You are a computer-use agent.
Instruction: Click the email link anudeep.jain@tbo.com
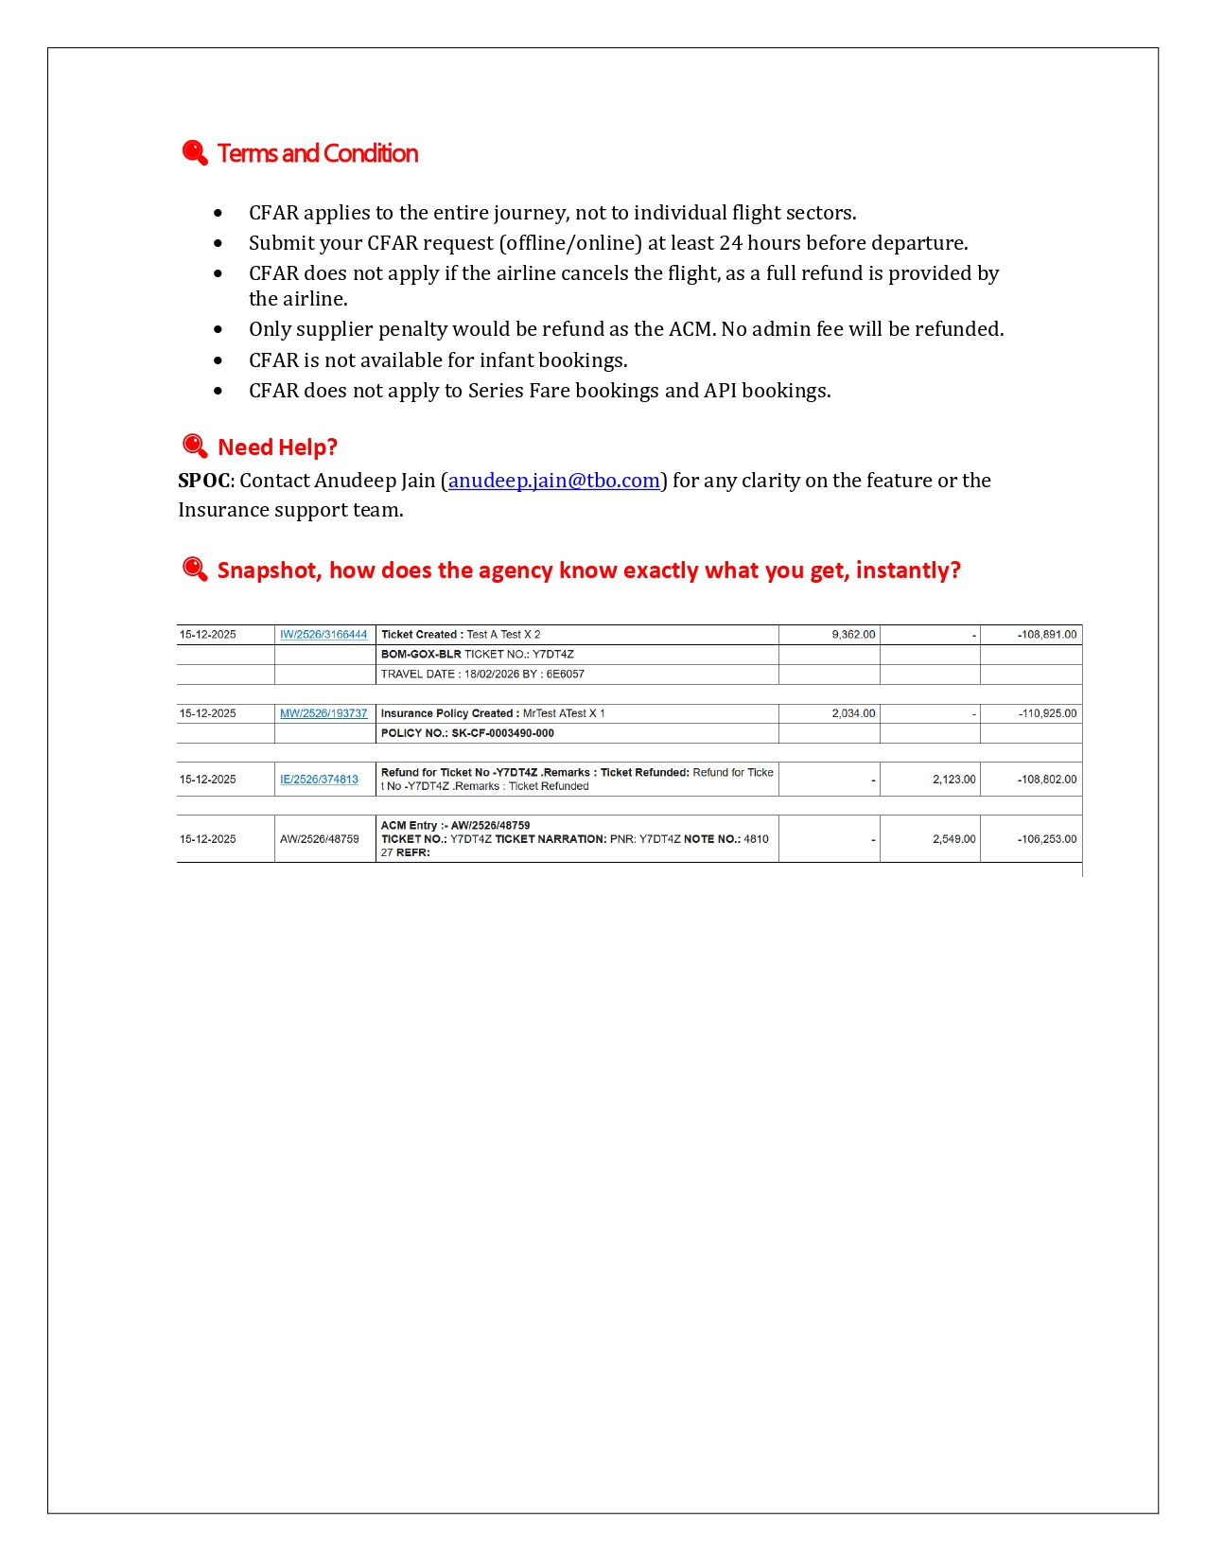click(x=553, y=481)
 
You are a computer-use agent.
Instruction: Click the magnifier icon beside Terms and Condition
click(x=195, y=152)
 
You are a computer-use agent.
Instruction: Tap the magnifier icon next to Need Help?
click(x=195, y=446)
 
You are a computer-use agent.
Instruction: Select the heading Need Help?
click(x=277, y=447)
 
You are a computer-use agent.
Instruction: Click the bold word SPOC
click(x=203, y=481)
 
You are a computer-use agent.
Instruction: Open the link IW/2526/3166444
click(x=323, y=635)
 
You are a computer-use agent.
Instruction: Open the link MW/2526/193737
click(x=323, y=713)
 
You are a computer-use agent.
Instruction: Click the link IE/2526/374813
click(x=319, y=780)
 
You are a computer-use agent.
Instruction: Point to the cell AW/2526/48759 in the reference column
click(x=320, y=839)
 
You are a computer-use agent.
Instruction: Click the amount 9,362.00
click(x=853, y=635)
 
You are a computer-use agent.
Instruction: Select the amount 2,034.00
click(x=853, y=713)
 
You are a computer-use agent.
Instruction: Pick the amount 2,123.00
click(x=953, y=780)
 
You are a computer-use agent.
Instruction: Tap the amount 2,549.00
click(x=953, y=839)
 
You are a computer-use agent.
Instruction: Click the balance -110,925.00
click(x=1047, y=713)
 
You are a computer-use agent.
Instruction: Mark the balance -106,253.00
click(x=1047, y=839)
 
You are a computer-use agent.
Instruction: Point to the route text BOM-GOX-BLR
click(x=421, y=655)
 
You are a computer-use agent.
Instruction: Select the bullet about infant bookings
click(x=438, y=360)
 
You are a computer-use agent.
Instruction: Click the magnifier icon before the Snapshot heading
click(x=195, y=569)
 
